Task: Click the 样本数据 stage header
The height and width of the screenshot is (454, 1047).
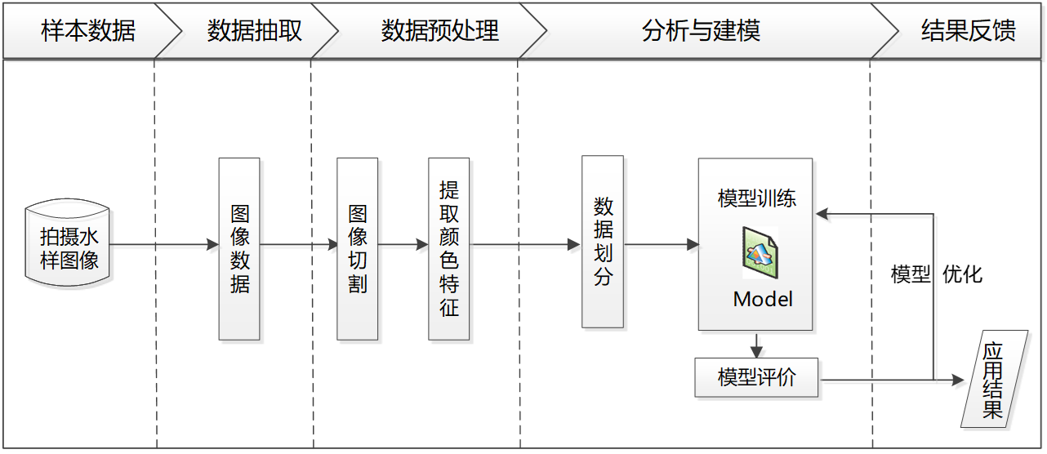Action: (x=88, y=31)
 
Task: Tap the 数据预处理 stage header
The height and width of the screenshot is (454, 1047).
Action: (x=439, y=31)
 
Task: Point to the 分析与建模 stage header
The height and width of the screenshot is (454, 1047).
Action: (x=701, y=31)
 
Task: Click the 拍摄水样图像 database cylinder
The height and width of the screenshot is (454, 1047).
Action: (x=70, y=248)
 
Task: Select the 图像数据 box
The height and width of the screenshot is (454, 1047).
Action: (x=239, y=249)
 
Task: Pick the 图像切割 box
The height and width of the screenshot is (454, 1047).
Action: (x=358, y=249)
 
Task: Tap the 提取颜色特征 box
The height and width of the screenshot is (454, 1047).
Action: (x=449, y=249)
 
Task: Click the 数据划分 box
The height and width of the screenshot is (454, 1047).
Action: (x=603, y=242)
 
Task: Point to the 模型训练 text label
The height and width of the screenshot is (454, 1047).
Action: (x=756, y=198)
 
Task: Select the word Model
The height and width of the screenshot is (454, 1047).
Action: (x=763, y=299)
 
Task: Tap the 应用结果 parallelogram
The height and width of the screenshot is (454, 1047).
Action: (x=993, y=380)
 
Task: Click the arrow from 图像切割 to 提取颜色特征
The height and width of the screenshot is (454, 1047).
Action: (x=403, y=245)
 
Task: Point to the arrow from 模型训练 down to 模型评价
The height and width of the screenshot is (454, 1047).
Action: (x=759, y=345)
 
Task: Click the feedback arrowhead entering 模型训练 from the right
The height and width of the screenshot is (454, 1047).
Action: (x=823, y=216)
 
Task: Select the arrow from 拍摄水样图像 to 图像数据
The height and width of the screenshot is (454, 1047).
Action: (x=163, y=245)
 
